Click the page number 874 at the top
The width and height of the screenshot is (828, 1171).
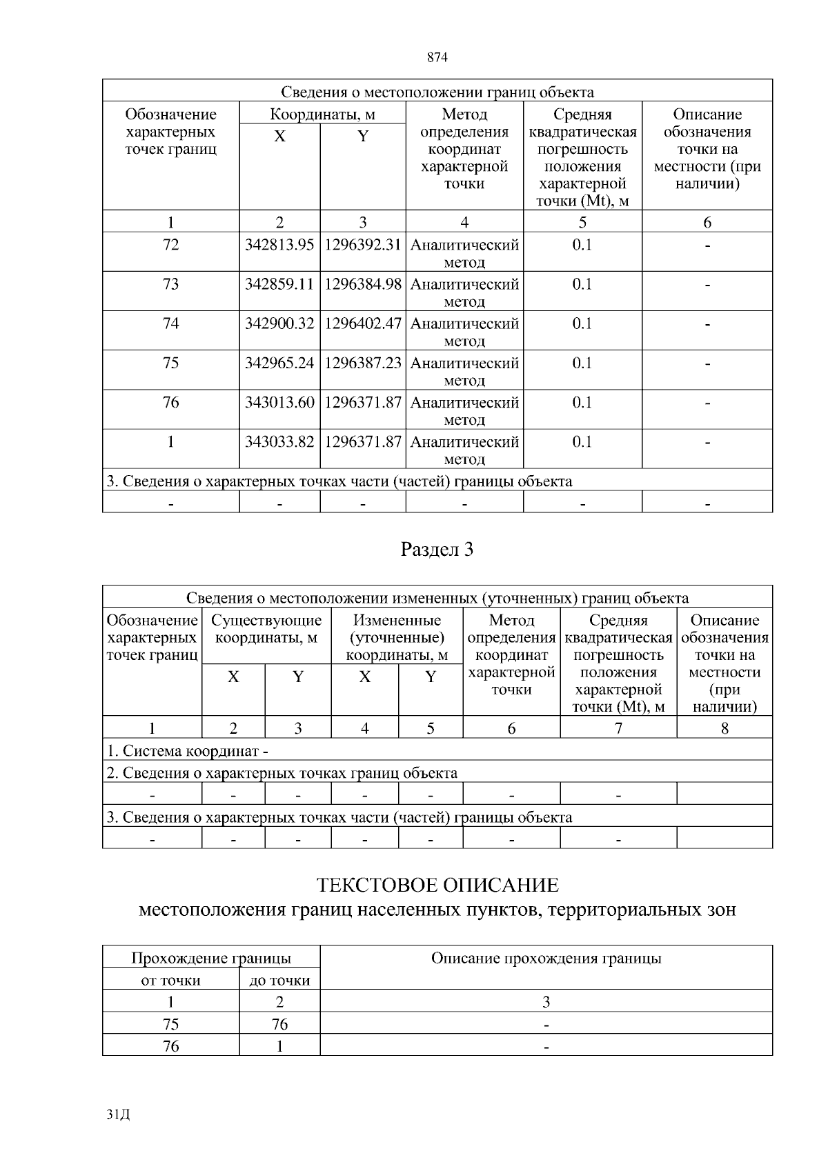tap(437, 58)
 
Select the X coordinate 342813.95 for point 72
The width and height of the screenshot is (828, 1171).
tap(279, 245)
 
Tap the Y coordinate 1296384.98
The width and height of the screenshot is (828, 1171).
tap(363, 284)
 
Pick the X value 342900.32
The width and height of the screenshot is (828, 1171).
tap(279, 323)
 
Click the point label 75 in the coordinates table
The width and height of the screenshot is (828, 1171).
tap(170, 363)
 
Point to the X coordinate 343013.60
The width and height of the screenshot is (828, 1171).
tap(279, 402)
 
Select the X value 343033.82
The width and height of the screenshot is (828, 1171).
tap(279, 441)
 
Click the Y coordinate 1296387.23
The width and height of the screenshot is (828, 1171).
tap(363, 363)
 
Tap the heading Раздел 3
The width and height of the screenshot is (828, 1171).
tap(437, 550)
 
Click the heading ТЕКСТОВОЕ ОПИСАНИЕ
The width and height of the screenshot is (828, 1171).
tap(437, 885)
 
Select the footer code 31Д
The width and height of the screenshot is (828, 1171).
tap(119, 1114)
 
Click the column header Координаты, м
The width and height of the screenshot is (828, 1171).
tap(322, 114)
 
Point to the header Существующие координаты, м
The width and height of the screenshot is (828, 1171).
tap(266, 629)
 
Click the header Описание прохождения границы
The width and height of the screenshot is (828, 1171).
tap(546, 958)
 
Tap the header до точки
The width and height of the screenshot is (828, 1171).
tap(279, 980)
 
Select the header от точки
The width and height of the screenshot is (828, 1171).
tap(170, 980)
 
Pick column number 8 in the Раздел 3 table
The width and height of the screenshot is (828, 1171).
tap(724, 728)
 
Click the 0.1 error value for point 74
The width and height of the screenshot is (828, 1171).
tap(582, 323)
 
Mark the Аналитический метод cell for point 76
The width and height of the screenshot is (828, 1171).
tap(464, 410)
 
